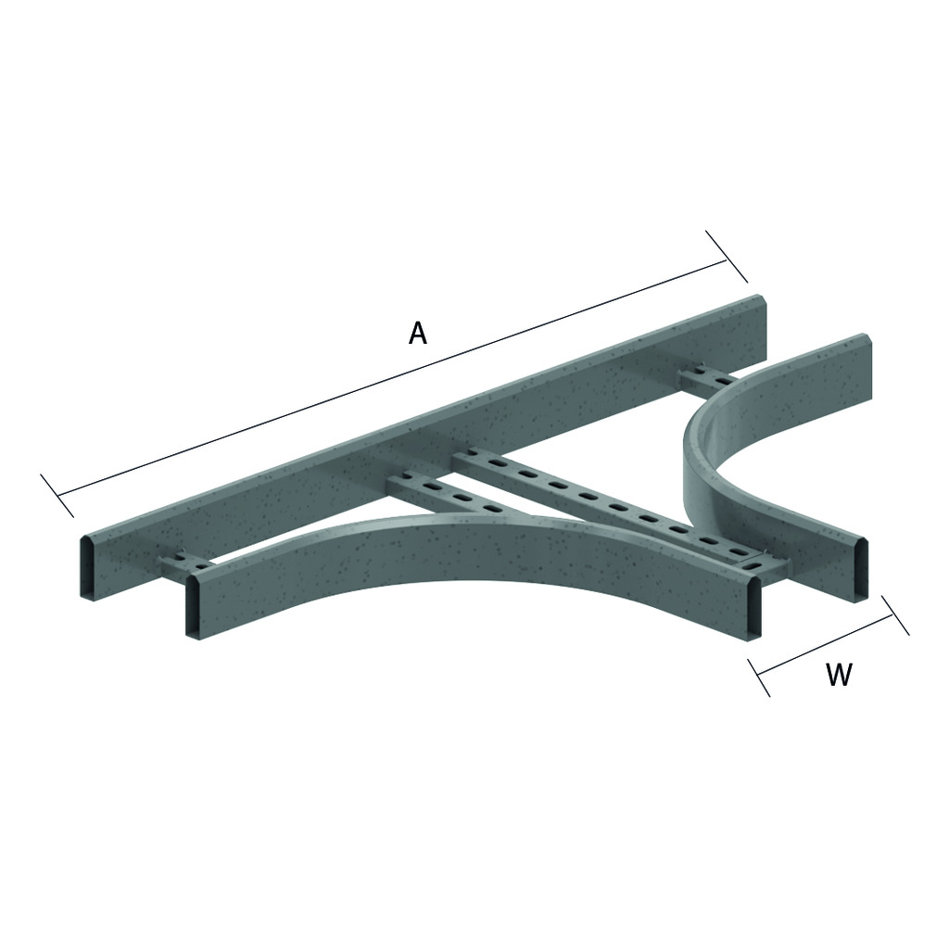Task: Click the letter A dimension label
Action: tap(418, 333)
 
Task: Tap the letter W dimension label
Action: tap(839, 675)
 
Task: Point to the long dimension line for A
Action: tap(392, 378)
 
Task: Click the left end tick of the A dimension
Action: tap(57, 496)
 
